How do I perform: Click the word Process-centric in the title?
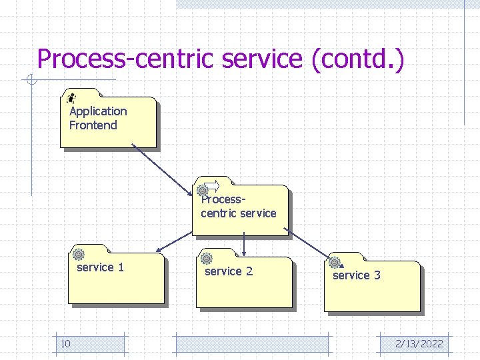coord(127,59)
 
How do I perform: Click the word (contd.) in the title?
coord(357,59)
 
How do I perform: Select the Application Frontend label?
coord(97,118)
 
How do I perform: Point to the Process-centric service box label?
coord(238,206)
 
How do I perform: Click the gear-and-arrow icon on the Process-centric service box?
coord(209,187)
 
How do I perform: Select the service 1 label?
coord(100,267)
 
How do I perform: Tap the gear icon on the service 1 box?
coord(79,254)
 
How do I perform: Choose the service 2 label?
coord(228,271)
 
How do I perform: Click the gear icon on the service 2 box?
coord(207,258)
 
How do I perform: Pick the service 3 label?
coord(356,275)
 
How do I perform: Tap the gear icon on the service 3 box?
coord(335,262)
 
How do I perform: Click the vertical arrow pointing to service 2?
coord(245,244)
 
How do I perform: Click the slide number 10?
coord(65,344)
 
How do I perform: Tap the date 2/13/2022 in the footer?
coord(419,344)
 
